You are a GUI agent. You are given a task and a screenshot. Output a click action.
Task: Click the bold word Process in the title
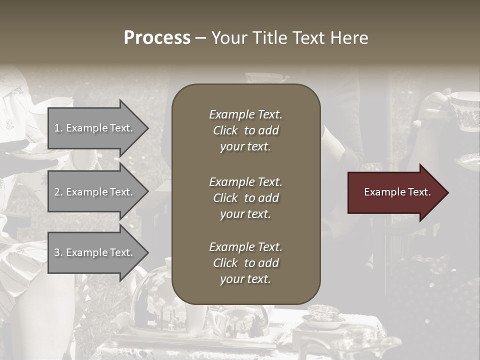[157, 38]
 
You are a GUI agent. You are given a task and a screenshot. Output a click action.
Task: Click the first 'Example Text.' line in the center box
[245, 114]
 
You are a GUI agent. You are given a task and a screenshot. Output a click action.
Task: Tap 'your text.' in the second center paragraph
[245, 214]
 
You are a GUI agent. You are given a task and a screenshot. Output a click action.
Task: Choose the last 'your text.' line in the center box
[245, 279]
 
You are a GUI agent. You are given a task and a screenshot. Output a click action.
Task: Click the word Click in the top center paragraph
[225, 130]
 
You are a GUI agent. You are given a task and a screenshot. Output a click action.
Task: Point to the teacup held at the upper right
[462, 110]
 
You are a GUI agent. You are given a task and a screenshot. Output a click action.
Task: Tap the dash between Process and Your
[200, 38]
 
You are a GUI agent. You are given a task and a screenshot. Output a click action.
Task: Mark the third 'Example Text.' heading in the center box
[245, 247]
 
